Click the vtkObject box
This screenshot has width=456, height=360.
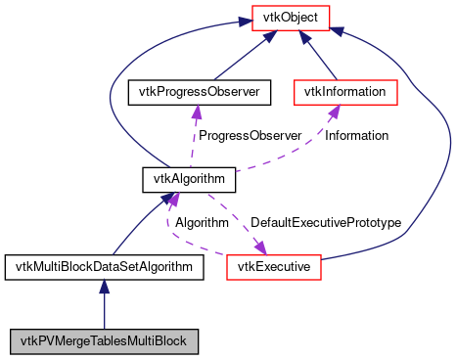(x=291, y=17)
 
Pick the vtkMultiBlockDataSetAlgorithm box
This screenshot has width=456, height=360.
(x=104, y=266)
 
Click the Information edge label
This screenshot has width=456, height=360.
(x=356, y=135)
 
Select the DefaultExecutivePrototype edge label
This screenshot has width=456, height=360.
(x=326, y=223)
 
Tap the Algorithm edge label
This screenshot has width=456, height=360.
(x=203, y=223)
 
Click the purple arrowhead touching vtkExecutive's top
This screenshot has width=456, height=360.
(x=261, y=247)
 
